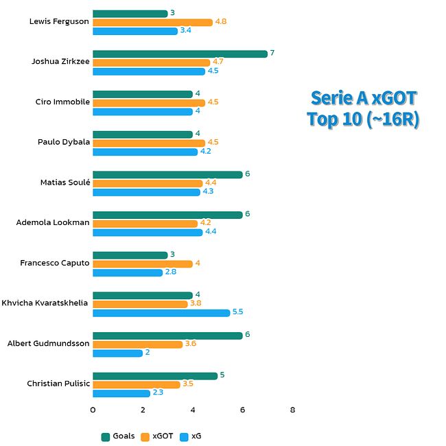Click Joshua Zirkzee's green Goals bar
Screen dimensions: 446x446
click(x=180, y=54)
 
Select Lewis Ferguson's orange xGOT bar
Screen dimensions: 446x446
click(x=152, y=22)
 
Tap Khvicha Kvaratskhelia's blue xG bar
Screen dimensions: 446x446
click(x=161, y=313)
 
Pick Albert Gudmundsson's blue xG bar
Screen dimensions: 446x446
click(x=117, y=353)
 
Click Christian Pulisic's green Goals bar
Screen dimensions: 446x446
click(x=155, y=375)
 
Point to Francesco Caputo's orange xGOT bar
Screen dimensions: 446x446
click(x=143, y=263)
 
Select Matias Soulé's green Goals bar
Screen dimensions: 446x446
click(x=167, y=174)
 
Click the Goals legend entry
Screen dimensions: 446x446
click(x=118, y=436)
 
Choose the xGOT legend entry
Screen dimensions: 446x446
click(x=157, y=436)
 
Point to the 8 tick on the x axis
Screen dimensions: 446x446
click(x=293, y=410)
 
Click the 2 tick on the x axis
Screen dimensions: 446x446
click(x=143, y=410)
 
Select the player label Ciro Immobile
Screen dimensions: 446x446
click(x=62, y=102)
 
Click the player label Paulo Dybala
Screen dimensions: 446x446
click(x=63, y=142)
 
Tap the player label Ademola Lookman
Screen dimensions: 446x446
click(x=53, y=223)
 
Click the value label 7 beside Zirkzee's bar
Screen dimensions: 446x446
click(x=272, y=54)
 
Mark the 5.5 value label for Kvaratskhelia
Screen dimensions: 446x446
click(x=238, y=312)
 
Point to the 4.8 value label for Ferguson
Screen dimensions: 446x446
click(x=220, y=22)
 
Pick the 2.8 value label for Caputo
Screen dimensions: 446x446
click(x=171, y=272)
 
